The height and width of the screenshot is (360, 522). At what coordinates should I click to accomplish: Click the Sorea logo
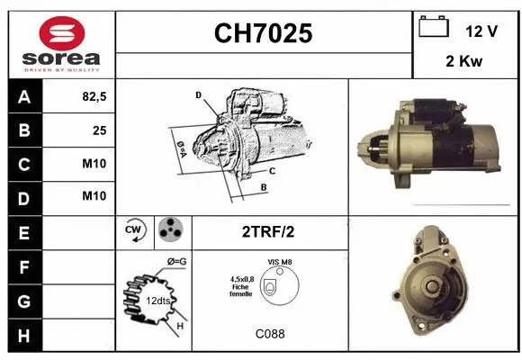coord(61,44)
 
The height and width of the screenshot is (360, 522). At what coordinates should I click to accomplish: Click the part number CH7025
coord(263,34)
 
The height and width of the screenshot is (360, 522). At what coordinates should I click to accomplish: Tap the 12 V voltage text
coord(481,31)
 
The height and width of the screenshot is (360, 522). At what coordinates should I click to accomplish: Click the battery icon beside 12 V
coord(434,28)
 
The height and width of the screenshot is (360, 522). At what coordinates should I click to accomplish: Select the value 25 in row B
coord(99,130)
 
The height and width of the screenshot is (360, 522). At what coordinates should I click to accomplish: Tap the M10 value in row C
coord(94,164)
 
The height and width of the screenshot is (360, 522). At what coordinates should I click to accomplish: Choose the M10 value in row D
coord(94,196)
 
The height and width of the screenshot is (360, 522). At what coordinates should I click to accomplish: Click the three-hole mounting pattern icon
coord(169,230)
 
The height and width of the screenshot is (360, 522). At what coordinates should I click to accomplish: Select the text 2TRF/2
coord(268,231)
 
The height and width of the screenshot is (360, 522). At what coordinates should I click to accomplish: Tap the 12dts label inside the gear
coord(157,301)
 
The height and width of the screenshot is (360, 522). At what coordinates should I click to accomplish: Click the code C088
coord(270,334)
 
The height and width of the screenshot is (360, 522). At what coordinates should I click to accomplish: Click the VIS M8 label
coord(279,262)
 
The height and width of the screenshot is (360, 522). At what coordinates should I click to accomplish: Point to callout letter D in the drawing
coord(198,94)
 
